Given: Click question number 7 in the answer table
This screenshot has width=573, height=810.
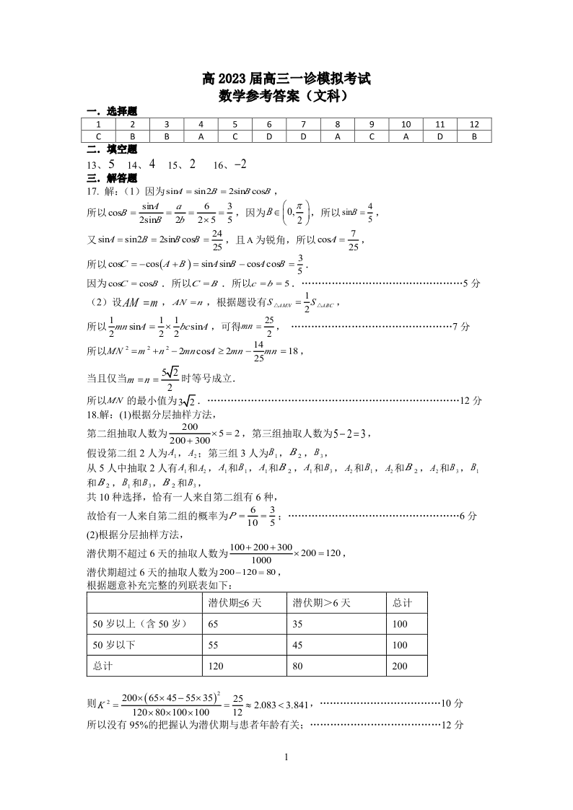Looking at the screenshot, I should pos(303,123).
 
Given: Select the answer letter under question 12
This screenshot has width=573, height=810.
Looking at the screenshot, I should pos(474,136).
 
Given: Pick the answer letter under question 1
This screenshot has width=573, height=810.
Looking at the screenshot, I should pos(99,136).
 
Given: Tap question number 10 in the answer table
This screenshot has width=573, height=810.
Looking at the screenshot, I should pos(406,123).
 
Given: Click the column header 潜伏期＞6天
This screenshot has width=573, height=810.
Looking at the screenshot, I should pos(321,602).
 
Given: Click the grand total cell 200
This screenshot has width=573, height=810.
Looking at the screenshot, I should pos(400,666).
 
